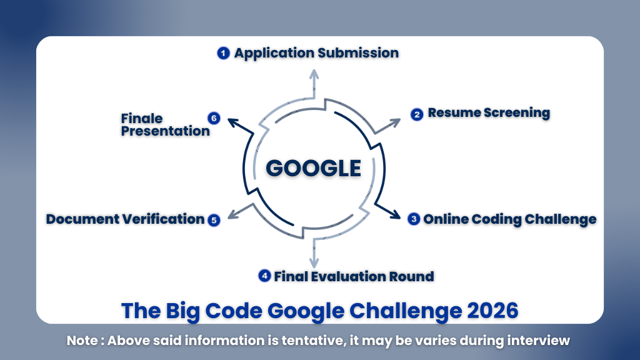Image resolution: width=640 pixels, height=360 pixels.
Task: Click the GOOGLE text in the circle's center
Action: click(x=313, y=168)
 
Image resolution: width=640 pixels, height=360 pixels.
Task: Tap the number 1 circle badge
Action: click(x=223, y=53)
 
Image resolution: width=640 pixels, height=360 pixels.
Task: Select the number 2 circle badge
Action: click(x=417, y=114)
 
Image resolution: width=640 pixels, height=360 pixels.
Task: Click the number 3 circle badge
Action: click(x=413, y=219)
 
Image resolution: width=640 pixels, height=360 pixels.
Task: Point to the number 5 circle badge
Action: click(x=214, y=220)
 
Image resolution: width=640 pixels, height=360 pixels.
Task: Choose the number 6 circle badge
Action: click(x=214, y=117)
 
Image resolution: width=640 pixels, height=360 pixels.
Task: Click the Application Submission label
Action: click(x=316, y=53)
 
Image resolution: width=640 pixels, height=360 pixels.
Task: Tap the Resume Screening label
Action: click(x=489, y=113)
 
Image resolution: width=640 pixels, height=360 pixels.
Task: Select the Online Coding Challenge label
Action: click(x=509, y=219)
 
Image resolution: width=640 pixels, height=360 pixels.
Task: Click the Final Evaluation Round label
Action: click(x=354, y=276)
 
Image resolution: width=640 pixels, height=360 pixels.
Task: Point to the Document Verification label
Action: click(x=126, y=219)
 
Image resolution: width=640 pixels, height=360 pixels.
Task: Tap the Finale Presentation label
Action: click(x=165, y=124)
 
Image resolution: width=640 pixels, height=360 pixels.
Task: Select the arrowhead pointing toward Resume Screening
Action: click(x=397, y=121)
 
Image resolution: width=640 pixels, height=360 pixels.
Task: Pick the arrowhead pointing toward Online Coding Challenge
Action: click(x=396, y=215)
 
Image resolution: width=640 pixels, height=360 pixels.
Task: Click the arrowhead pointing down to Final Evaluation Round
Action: click(x=314, y=264)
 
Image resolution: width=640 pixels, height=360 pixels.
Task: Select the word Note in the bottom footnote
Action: click(x=81, y=341)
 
